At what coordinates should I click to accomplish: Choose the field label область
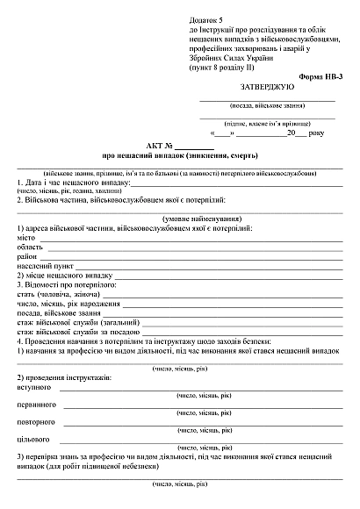[32, 247]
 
